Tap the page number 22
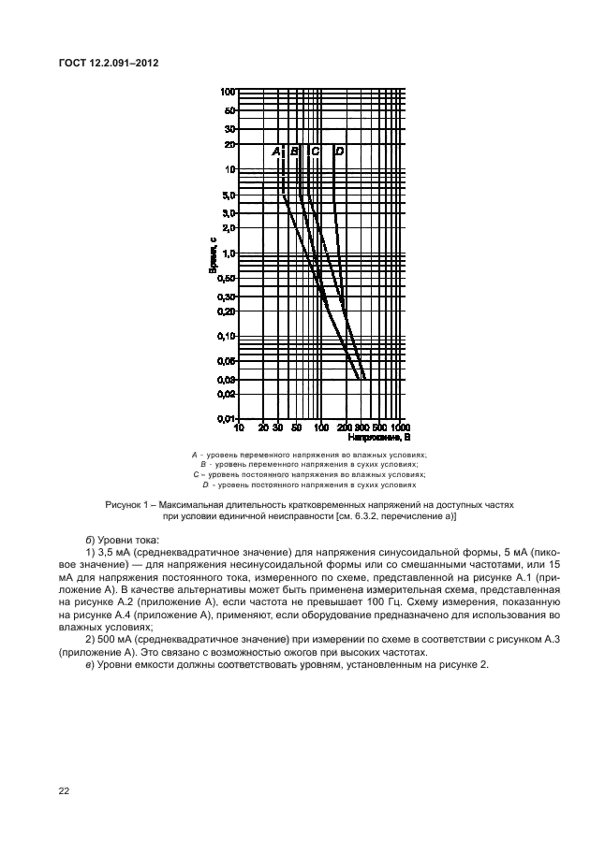point(64,791)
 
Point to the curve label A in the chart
point(276,151)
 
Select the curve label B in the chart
point(294,151)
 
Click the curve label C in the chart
point(316,151)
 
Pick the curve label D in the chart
point(339,151)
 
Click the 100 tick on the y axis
point(227,92)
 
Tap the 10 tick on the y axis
point(229,169)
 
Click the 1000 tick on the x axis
point(399,428)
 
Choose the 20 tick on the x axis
point(263,428)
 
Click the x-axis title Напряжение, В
point(379,437)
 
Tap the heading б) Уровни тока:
point(122,539)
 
